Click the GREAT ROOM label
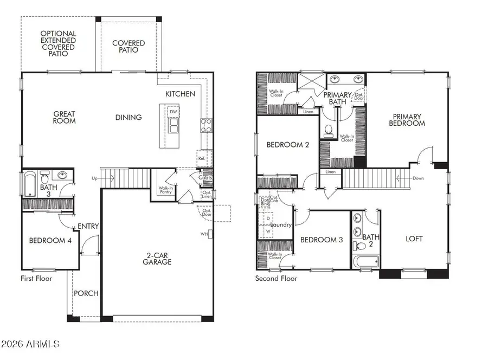click(64, 118)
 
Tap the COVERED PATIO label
click(129, 47)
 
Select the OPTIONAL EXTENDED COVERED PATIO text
click(58, 43)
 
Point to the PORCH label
click(86, 293)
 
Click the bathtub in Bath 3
click(29, 183)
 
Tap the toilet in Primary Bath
click(328, 130)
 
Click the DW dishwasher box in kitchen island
click(174, 112)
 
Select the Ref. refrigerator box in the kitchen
click(202, 158)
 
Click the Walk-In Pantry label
click(165, 191)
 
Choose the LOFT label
click(414, 239)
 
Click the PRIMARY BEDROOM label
click(409, 119)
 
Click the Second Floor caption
click(276, 279)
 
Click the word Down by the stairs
click(418, 178)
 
